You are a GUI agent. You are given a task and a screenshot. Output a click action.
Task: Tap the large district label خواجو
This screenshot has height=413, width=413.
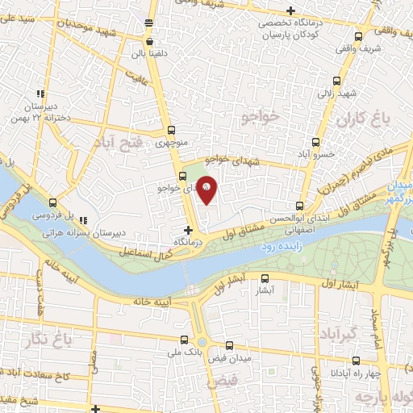259,118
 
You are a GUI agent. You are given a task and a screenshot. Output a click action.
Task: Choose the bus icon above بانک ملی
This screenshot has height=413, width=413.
194,339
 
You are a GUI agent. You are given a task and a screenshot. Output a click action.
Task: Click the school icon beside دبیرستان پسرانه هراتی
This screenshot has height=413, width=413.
83,219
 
